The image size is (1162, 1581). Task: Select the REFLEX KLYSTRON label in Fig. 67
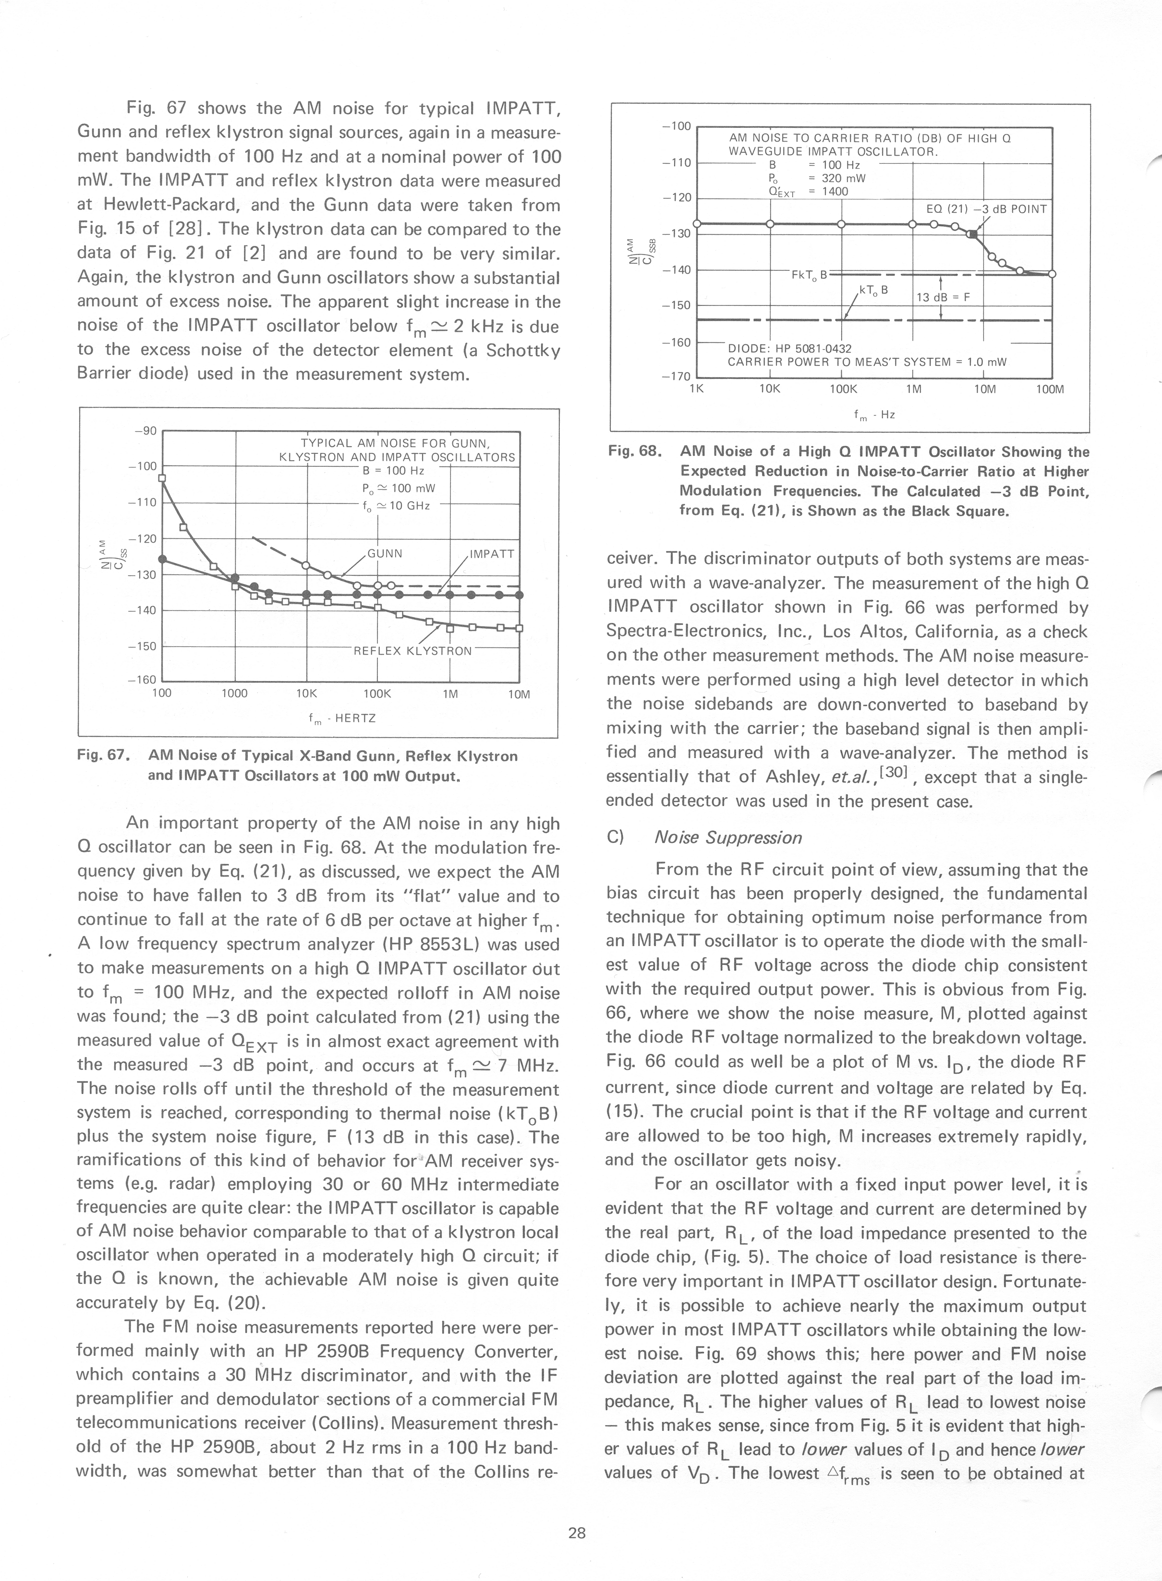(x=412, y=650)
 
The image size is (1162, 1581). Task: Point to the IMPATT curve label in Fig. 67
(x=492, y=553)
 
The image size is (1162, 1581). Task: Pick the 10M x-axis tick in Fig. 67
(x=519, y=694)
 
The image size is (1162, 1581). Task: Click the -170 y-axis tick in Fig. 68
(x=677, y=377)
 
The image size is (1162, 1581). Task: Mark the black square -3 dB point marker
(x=972, y=234)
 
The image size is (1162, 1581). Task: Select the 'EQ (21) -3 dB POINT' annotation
(x=987, y=209)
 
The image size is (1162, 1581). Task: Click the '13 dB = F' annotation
(x=943, y=297)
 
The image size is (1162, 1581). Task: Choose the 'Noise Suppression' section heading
(x=727, y=837)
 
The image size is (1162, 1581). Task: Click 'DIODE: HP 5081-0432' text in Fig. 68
(x=789, y=348)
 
